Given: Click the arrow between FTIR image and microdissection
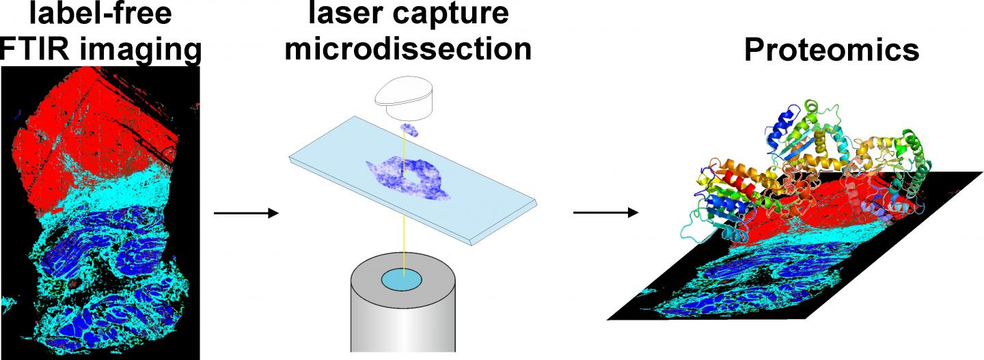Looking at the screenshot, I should coord(246,214).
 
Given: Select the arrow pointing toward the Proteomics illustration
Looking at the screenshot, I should coord(605,212).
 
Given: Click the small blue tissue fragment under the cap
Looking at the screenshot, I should coord(409,129).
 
